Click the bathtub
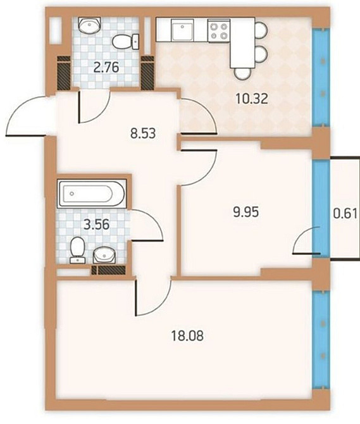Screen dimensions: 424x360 tap(92, 192)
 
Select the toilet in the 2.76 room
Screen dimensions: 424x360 tap(125, 42)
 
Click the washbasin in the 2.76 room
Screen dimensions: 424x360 tap(88, 25)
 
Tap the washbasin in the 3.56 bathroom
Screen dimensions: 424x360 tap(104, 254)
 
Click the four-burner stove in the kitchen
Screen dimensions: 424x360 tap(219, 31)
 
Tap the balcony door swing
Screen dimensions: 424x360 tap(305, 242)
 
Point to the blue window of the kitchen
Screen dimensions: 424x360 tap(323, 76)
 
